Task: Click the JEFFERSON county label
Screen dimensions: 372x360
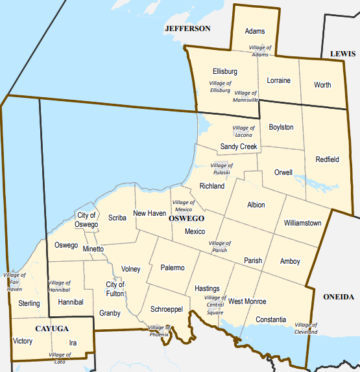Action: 188,29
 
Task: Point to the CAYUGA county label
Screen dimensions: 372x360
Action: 51,328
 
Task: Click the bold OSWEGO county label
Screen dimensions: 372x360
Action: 187,219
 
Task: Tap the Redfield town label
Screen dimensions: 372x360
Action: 327,159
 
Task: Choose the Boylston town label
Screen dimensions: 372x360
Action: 281,127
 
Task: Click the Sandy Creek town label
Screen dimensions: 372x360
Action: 239,146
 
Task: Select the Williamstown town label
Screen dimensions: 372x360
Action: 302,223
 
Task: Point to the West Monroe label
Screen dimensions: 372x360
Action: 247,301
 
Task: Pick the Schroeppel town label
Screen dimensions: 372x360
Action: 167,309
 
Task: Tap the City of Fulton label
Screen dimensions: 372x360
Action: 115,288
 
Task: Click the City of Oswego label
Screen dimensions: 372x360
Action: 86,220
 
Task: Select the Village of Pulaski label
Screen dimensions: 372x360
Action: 222,169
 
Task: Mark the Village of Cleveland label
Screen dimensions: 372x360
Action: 306,328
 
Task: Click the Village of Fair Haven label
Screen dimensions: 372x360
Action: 14,282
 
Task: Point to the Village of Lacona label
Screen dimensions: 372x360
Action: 243,132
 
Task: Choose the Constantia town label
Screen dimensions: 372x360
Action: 270,320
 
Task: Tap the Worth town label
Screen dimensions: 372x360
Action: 322,85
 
